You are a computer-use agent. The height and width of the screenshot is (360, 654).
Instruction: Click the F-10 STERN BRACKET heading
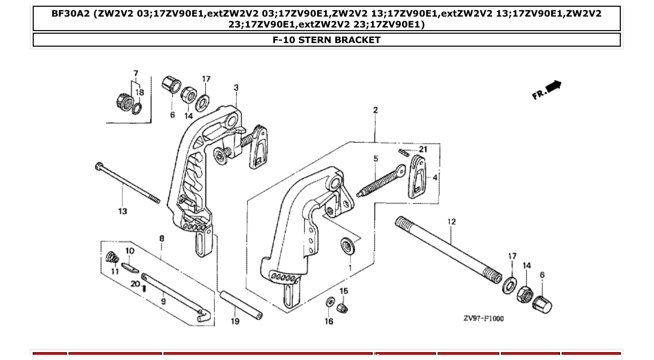click(x=326, y=40)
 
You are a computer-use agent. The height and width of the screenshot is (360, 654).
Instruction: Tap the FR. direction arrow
click(x=547, y=90)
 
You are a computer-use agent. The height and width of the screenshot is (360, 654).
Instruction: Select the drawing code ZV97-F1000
click(x=483, y=319)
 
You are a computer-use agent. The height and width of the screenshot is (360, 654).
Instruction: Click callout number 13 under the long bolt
click(x=122, y=211)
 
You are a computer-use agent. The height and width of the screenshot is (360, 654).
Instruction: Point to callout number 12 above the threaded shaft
click(x=452, y=221)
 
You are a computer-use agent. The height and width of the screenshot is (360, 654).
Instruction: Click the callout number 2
click(x=375, y=110)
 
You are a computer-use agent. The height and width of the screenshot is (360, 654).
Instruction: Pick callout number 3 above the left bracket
click(x=236, y=88)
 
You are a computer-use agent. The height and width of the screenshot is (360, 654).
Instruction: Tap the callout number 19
click(x=235, y=322)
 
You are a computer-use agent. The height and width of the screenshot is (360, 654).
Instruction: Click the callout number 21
click(x=423, y=149)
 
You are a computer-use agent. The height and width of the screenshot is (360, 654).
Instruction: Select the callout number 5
click(x=375, y=159)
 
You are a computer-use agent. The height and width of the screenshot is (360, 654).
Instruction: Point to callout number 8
click(x=162, y=239)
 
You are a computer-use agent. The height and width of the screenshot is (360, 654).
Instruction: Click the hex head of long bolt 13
click(x=99, y=167)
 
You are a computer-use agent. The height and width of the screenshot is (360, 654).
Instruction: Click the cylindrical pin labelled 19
click(x=241, y=306)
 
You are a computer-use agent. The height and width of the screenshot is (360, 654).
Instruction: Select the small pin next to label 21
click(x=405, y=152)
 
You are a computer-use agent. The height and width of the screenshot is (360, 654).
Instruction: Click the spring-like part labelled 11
click(x=111, y=257)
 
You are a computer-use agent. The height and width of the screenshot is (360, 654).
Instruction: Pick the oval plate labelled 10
click(x=129, y=268)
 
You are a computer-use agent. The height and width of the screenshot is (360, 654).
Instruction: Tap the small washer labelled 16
click(x=329, y=302)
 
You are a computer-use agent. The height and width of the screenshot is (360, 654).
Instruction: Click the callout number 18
click(x=140, y=92)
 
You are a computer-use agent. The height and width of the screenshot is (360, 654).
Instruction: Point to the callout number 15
click(x=344, y=291)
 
